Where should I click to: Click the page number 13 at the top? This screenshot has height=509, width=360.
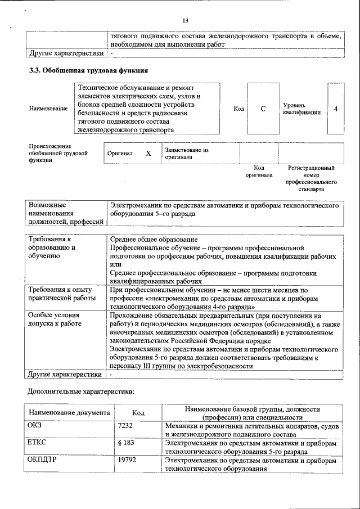(x=185, y=21)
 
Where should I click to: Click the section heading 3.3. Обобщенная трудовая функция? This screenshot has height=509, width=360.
(x=88, y=71)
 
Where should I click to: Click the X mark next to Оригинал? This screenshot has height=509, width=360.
(x=148, y=153)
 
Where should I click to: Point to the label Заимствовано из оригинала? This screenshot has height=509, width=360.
(x=186, y=154)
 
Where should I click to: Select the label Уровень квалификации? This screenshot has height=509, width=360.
(x=302, y=109)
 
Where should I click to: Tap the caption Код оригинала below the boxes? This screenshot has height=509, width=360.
(x=259, y=172)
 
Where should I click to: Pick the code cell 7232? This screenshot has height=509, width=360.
(x=125, y=426)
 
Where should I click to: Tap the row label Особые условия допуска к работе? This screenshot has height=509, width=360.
(x=55, y=319)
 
